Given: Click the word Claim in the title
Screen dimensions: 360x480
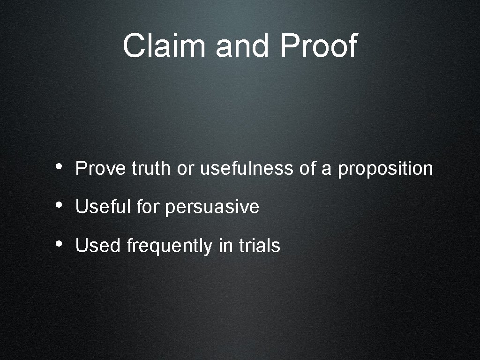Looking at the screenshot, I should [x=164, y=46].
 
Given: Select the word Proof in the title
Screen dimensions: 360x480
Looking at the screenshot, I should [x=318, y=46].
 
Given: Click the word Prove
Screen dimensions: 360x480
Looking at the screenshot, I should [x=101, y=168].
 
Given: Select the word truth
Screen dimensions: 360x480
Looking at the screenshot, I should [x=152, y=168].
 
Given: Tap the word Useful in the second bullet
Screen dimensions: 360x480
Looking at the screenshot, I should [x=104, y=207].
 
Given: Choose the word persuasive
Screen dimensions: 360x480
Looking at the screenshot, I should [x=212, y=207].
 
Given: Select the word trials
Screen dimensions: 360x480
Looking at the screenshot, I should [x=260, y=246].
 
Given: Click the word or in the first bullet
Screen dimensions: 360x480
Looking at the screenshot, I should [x=185, y=169].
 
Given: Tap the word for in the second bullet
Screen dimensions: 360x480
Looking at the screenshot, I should [x=148, y=207].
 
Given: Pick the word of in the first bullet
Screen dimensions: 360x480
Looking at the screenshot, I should [x=307, y=168].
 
